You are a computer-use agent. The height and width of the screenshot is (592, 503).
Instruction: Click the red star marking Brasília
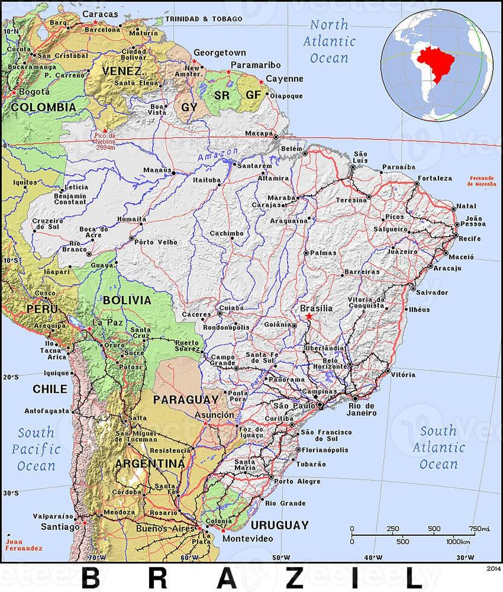[x=309, y=316]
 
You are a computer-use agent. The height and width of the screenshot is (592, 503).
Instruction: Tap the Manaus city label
[x=157, y=170]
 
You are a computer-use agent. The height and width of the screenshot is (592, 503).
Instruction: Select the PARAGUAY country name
[x=185, y=400]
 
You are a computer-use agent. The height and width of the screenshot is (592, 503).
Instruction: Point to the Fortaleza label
[x=434, y=178]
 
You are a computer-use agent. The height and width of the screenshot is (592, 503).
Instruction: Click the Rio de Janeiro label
[x=362, y=409]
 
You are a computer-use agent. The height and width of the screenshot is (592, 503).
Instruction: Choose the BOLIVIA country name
[x=127, y=300]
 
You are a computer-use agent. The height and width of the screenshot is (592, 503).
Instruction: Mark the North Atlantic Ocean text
[x=329, y=42]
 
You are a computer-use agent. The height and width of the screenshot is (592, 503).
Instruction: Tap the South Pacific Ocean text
[x=36, y=449]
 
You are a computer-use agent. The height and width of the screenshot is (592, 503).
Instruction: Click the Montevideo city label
[x=248, y=538]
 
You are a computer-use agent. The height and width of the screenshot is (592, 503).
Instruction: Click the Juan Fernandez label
[x=23, y=545]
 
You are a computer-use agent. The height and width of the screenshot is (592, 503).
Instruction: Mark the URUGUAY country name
[x=280, y=525]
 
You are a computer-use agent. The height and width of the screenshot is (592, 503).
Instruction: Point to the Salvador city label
[x=432, y=292]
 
